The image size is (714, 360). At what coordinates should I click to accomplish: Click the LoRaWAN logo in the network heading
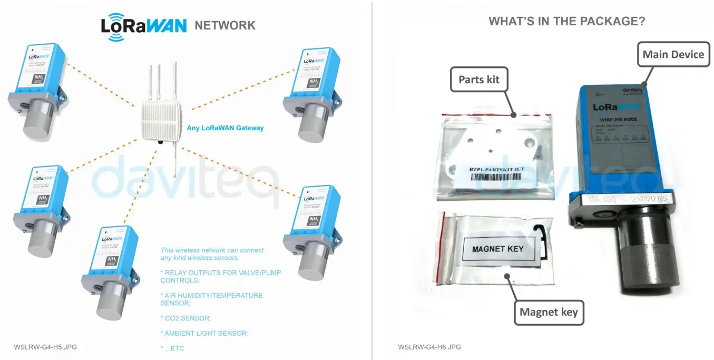point(143,26)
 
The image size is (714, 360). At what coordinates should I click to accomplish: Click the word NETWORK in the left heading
point(225,25)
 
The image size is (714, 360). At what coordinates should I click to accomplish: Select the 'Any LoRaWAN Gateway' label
point(225,128)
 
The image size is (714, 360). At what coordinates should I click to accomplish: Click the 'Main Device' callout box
point(673,54)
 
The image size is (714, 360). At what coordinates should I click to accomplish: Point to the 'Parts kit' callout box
point(478,80)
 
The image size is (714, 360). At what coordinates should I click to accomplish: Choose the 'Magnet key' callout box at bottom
point(549,312)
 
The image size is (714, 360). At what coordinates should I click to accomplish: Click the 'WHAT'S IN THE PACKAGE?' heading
point(567,21)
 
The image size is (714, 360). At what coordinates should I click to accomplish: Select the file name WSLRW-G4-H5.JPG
point(45,347)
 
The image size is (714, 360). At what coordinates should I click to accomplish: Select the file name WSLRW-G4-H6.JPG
point(429,347)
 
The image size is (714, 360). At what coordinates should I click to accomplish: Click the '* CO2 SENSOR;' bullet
point(185,318)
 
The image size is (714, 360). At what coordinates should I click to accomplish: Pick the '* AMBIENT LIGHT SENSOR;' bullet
point(204,333)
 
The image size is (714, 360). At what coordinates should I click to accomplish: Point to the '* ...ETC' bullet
point(172,348)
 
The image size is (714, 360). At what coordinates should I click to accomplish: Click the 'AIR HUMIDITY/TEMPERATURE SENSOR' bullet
point(211,299)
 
